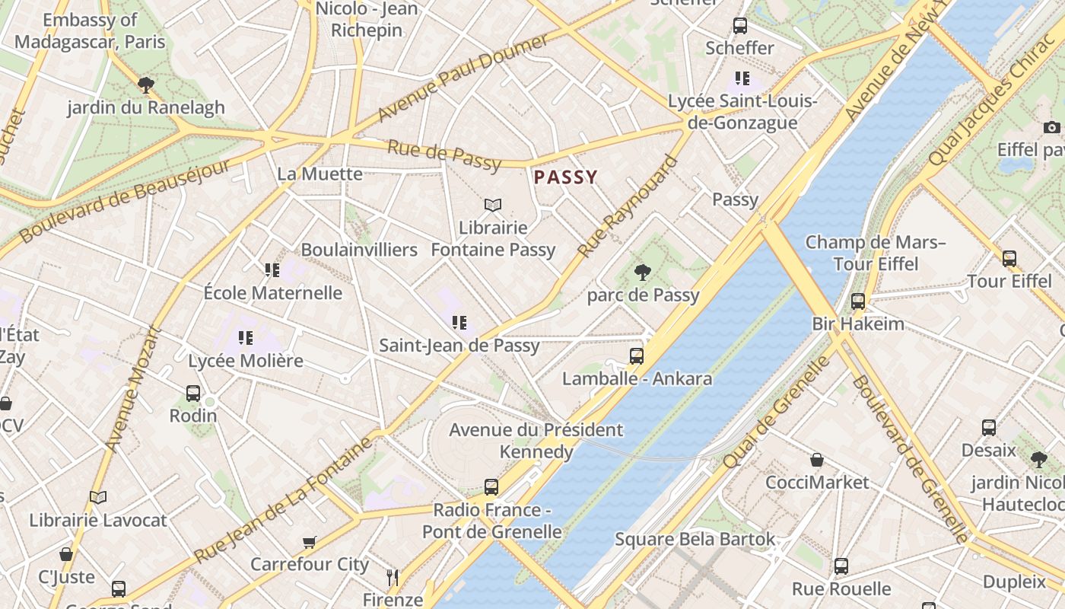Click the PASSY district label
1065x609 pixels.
565,177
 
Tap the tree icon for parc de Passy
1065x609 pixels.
643,272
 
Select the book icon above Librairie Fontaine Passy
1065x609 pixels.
493,205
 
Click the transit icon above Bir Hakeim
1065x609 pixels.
858,301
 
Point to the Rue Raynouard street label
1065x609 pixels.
628,206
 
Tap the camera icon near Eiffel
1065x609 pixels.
1052,127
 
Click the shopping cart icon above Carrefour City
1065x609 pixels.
309,542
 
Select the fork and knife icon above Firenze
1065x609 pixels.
393,578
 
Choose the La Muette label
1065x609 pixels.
319,174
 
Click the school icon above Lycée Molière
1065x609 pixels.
245,338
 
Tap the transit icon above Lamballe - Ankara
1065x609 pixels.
637,356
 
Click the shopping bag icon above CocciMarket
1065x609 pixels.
817,460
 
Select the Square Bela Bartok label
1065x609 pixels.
695,540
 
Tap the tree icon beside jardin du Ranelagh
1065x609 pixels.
145,84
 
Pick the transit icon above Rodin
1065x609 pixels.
193,394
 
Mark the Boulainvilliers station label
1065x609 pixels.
359,250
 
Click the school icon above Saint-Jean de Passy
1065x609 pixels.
459,323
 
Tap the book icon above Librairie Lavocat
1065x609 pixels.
97,498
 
